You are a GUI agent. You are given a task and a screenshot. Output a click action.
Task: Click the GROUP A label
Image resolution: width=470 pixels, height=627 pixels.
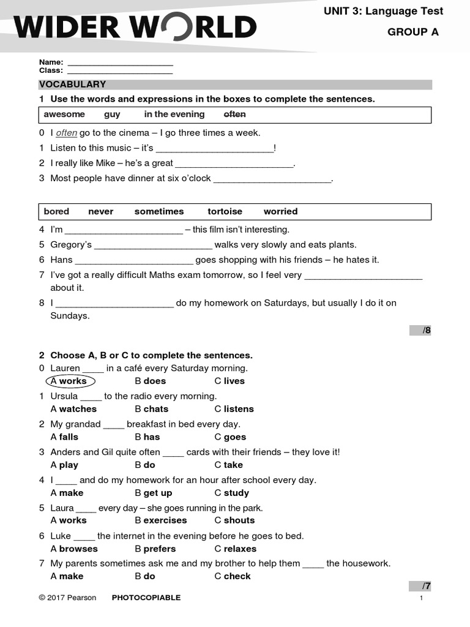tap(412, 32)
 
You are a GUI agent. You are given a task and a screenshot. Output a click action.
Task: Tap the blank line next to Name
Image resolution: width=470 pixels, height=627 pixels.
tap(120, 62)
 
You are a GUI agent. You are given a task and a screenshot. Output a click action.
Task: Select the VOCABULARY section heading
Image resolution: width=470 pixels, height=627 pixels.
tap(72, 84)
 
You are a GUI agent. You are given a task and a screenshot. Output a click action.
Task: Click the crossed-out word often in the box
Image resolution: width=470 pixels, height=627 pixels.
tap(234, 115)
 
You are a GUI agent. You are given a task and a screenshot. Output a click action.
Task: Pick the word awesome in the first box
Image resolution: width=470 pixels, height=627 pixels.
tap(64, 115)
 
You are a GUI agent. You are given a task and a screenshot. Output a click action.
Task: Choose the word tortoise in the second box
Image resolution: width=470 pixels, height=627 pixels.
tap(225, 211)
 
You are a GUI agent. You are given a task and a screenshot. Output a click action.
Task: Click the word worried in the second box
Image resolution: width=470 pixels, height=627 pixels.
tap(280, 211)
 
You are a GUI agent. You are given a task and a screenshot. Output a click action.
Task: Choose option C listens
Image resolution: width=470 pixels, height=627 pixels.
tap(234, 409)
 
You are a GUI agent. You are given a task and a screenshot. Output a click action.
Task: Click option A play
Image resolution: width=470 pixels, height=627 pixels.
tap(64, 465)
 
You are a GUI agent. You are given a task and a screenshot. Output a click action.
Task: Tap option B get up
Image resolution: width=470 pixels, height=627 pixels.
tap(154, 493)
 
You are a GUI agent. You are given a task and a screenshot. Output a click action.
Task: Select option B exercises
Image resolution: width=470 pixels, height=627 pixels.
tap(161, 520)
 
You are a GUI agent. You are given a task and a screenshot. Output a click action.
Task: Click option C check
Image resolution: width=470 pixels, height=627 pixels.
tap(233, 576)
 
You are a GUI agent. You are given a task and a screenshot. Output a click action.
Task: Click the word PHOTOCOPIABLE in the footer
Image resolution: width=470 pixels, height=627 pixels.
tap(146, 598)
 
